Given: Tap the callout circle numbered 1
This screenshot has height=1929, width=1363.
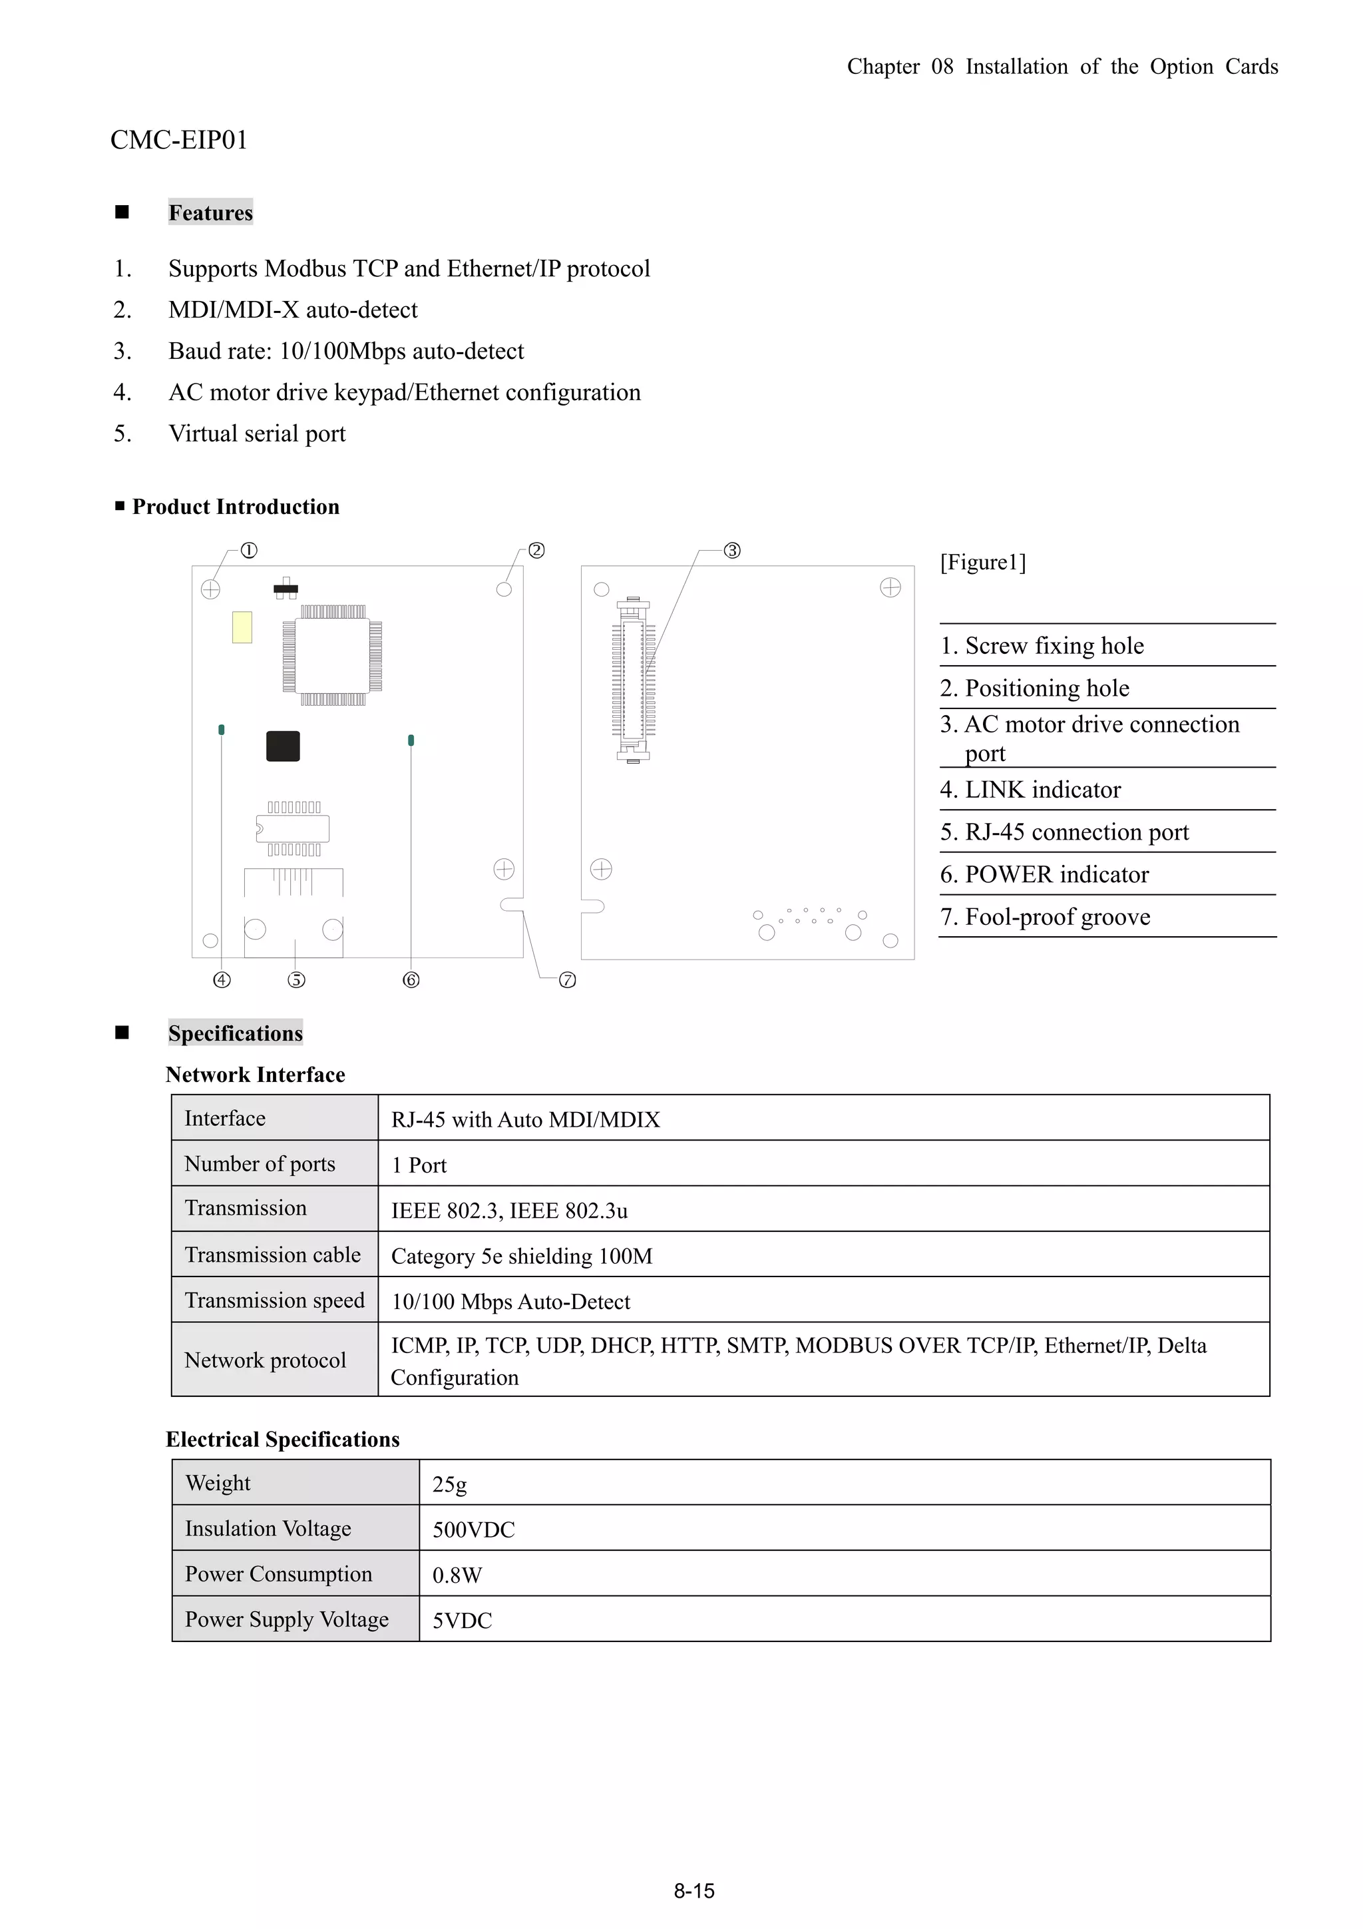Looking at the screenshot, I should [x=249, y=550].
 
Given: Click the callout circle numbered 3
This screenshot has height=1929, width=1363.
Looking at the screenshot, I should [x=732, y=550].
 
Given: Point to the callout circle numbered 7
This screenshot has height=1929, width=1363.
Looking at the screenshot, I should [x=568, y=980].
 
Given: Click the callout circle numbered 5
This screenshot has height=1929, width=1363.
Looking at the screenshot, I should [x=296, y=980].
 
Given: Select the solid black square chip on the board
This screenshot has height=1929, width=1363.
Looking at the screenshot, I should [x=283, y=746].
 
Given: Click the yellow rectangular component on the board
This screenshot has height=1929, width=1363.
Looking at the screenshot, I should [x=242, y=627].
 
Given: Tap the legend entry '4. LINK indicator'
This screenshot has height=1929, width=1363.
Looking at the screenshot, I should [x=1030, y=790].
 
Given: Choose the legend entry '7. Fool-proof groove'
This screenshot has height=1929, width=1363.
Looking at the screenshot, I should [x=1045, y=917].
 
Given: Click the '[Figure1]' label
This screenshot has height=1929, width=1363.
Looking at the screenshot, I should [x=982, y=562].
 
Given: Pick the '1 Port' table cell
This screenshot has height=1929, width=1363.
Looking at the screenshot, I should [x=419, y=1165].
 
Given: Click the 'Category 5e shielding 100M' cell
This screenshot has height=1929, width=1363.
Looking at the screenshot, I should [x=522, y=1256].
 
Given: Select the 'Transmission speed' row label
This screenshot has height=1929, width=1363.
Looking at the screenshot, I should [x=275, y=1300].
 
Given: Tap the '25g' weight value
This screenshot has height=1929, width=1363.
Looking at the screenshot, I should [x=449, y=1485].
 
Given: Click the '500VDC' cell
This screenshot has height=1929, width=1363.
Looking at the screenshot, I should [x=474, y=1530].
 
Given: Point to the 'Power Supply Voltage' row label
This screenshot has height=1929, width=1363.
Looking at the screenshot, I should [x=286, y=1620].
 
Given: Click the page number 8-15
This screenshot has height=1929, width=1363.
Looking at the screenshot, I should [x=693, y=1891].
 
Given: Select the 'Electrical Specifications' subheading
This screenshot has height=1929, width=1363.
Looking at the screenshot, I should [x=282, y=1439].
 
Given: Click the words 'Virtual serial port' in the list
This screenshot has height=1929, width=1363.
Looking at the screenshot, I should [x=257, y=433].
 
